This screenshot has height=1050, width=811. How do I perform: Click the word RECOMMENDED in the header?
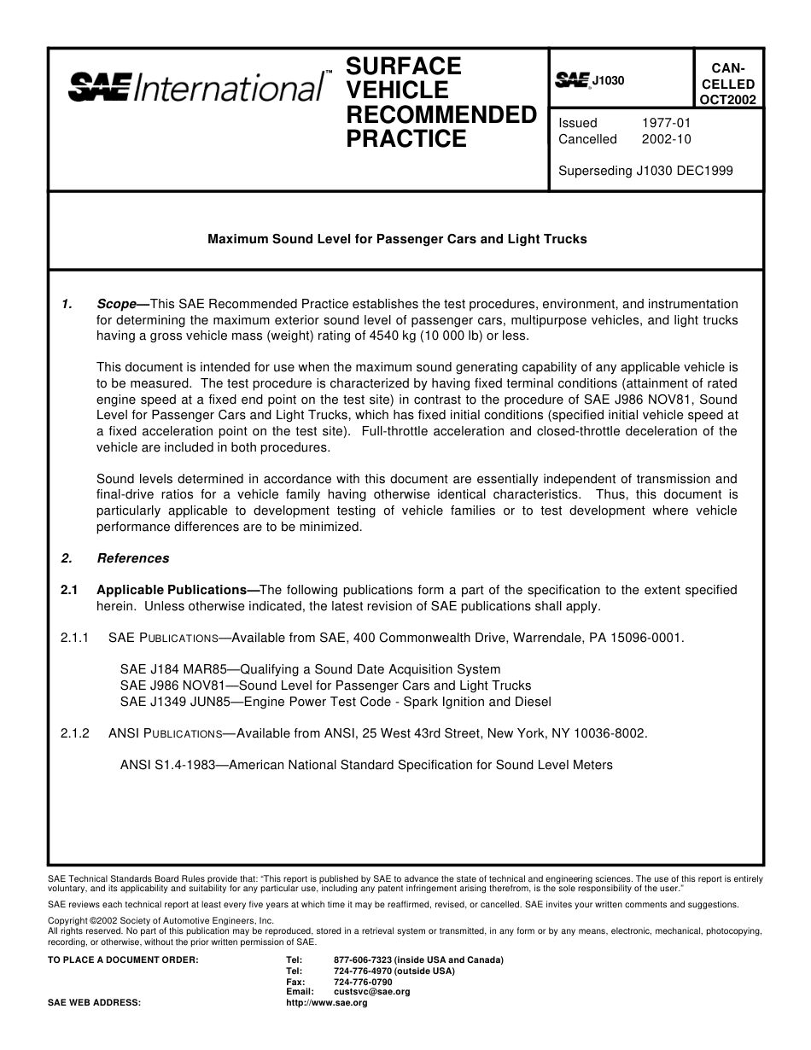(x=441, y=114)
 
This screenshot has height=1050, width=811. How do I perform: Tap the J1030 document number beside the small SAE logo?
(x=609, y=81)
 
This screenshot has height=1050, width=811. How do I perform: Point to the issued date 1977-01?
(x=666, y=123)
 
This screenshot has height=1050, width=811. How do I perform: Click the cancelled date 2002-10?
(x=666, y=139)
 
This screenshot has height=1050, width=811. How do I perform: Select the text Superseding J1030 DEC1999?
(x=645, y=170)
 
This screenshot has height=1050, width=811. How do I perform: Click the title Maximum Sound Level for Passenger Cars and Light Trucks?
(x=397, y=239)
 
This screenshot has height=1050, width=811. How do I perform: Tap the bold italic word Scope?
(x=117, y=304)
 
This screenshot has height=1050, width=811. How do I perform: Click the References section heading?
(x=133, y=558)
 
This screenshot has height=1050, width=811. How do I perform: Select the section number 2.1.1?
(x=75, y=638)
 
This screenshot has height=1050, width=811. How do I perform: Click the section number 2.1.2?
(x=75, y=733)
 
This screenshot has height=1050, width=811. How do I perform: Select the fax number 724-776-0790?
(x=363, y=982)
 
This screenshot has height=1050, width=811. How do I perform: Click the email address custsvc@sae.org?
(x=371, y=992)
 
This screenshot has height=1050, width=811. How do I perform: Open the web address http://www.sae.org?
(x=327, y=1003)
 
